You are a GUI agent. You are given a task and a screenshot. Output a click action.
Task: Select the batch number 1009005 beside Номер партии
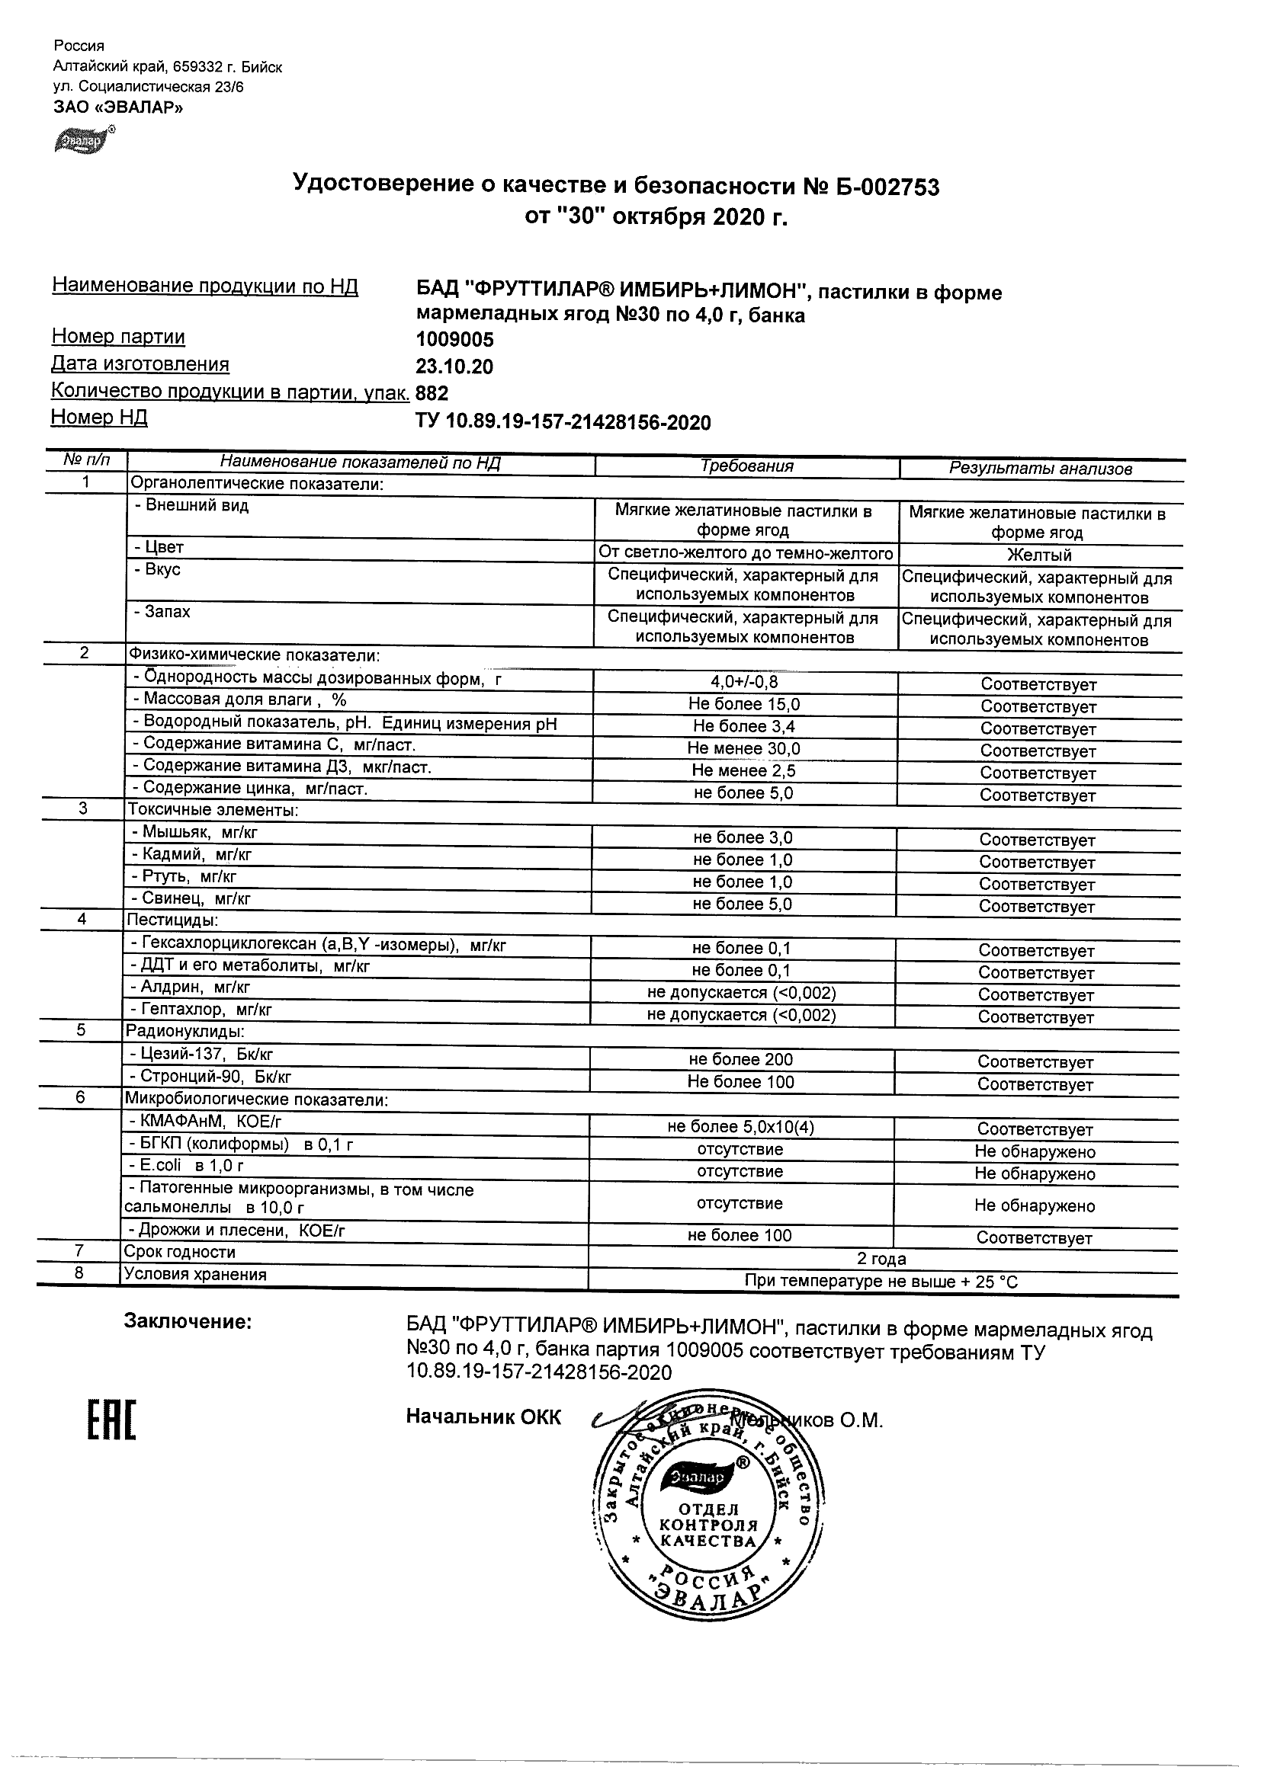coord(454,340)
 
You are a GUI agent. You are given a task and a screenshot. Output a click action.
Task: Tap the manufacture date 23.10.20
coord(454,367)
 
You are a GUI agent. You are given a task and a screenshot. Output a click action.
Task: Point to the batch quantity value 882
coord(432,393)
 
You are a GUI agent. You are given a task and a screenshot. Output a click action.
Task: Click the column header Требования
coord(746,466)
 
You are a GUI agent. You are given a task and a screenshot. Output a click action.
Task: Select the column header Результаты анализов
coord(1041,469)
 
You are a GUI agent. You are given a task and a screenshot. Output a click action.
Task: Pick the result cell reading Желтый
coord(1039,555)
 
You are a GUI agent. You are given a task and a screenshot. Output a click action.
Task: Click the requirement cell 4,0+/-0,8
coord(743,682)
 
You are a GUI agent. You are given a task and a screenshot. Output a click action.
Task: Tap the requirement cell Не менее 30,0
coord(743,748)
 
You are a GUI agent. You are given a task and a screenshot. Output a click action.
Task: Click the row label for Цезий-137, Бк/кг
coord(201,1054)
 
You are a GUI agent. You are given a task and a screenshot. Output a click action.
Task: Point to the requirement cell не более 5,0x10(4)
coord(740,1127)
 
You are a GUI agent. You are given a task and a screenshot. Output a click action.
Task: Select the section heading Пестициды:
coord(172,920)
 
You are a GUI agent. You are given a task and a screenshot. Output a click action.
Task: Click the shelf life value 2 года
coord(881,1259)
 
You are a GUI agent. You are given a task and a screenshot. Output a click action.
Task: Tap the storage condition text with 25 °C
coord(881,1282)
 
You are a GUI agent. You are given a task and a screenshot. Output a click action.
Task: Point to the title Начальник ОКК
coord(483,1417)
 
